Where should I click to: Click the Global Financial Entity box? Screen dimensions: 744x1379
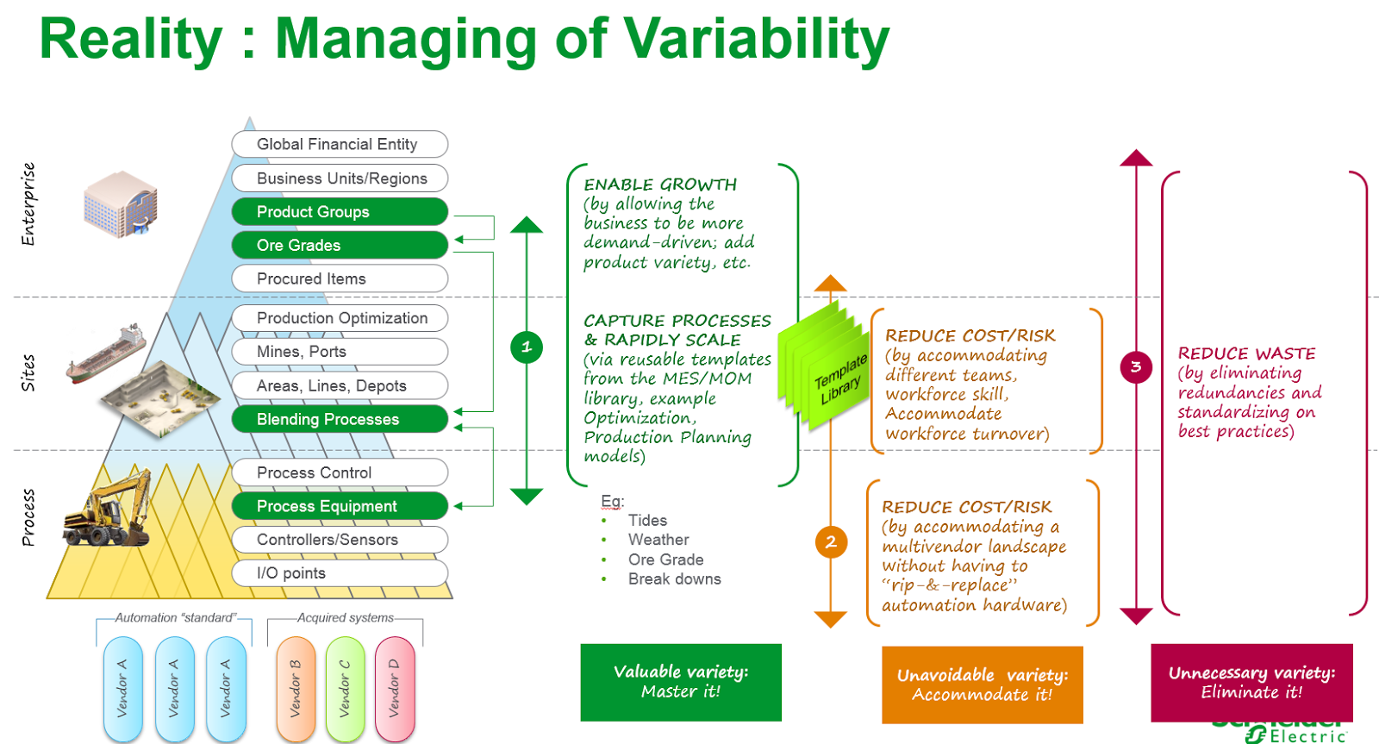point(340,144)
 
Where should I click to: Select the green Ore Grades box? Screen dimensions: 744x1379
point(340,246)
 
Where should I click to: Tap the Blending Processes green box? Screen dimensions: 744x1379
point(340,420)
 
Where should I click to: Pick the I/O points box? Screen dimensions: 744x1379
point(340,573)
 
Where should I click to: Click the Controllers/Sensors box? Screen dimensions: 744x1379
point(340,540)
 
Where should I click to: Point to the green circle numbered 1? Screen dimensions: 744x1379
point(527,347)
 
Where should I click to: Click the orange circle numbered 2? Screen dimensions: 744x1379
point(831,542)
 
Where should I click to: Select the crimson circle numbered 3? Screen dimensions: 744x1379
point(1136,367)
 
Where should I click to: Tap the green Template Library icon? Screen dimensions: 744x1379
point(826,366)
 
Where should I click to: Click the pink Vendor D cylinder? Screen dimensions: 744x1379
point(395,688)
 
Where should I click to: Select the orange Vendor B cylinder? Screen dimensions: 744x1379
point(296,688)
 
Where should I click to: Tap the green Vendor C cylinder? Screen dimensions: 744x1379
point(345,688)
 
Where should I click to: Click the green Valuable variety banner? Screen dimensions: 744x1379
point(681,682)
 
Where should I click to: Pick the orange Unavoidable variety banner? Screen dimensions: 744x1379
point(982,685)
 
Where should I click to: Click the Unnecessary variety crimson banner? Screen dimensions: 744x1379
point(1251,682)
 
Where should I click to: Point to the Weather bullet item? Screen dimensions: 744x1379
point(658,540)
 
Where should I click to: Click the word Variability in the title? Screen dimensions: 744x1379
point(756,40)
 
